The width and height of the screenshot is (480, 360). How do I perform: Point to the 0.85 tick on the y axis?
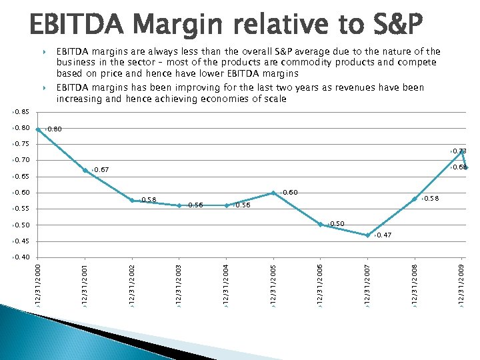(22, 112)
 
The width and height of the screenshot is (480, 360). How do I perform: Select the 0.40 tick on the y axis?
(22, 257)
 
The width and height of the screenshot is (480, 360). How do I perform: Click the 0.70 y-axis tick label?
(22, 161)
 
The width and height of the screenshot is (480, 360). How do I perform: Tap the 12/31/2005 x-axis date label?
(273, 285)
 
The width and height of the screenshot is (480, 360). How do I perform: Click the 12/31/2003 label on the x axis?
(179, 285)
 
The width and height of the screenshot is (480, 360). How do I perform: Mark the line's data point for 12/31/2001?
(85, 171)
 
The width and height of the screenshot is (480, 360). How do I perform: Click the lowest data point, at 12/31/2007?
(367, 235)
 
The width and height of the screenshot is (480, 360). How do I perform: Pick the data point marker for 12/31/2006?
(321, 225)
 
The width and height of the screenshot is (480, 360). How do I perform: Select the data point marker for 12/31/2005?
(273, 193)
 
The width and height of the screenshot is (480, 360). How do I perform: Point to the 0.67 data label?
(101, 171)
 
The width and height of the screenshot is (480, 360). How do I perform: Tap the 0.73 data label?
(459, 151)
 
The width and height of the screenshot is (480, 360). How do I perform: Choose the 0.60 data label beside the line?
(289, 193)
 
